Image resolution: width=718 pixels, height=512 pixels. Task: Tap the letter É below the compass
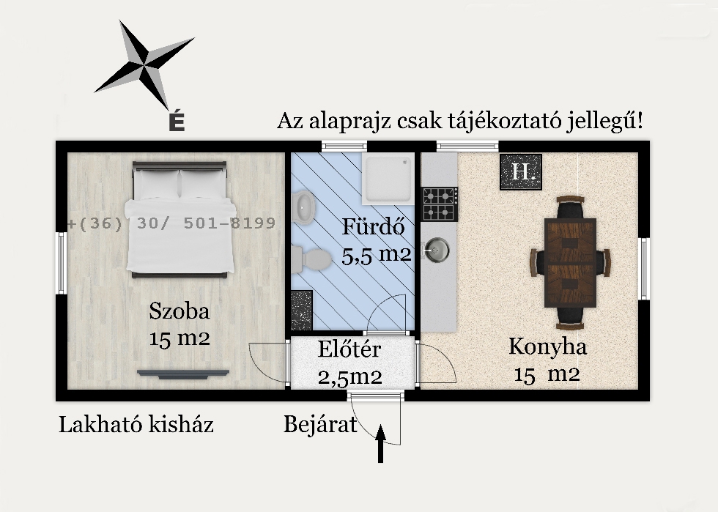click(x=176, y=122)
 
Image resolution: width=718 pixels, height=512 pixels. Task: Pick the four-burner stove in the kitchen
click(x=440, y=204)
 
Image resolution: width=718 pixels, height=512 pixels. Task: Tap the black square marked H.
click(x=521, y=172)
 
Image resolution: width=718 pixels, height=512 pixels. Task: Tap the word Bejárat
click(x=320, y=424)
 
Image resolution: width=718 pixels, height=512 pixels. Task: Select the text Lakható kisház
click(x=136, y=424)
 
